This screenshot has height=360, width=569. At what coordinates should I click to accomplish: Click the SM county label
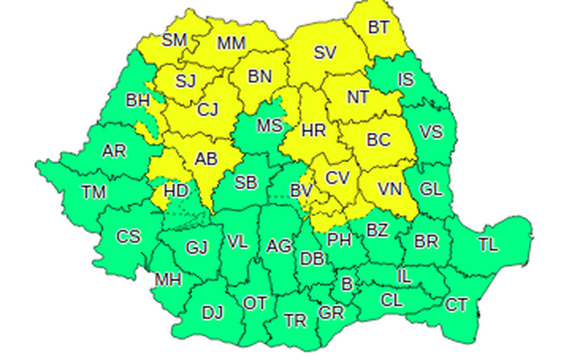pyautogui.click(x=174, y=40)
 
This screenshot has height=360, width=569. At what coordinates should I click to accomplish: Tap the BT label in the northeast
pyautogui.click(x=378, y=28)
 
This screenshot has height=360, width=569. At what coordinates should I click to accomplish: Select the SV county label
pyautogui.click(x=325, y=52)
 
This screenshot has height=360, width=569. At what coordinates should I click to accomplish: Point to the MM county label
pyautogui.click(x=231, y=44)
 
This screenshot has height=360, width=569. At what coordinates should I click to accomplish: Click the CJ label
pyautogui.click(x=208, y=109)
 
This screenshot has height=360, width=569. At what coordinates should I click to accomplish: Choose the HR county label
pyautogui.click(x=313, y=130)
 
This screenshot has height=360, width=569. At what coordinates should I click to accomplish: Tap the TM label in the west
pyautogui.click(x=93, y=191)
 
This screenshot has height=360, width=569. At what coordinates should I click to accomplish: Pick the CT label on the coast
pyautogui.click(x=457, y=305)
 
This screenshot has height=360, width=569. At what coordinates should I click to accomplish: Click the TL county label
pyautogui.click(x=488, y=245)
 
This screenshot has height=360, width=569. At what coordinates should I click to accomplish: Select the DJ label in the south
pyautogui.click(x=212, y=312)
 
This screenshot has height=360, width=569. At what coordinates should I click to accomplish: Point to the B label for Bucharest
pyautogui.click(x=347, y=285)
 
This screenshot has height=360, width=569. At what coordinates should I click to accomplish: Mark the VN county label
pyautogui.click(x=390, y=189)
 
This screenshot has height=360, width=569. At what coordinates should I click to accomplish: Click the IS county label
pyautogui.click(x=405, y=79)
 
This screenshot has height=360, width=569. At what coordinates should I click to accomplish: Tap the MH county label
pyautogui.click(x=168, y=280)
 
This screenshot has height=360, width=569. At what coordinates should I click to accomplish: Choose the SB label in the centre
pyautogui.click(x=245, y=183)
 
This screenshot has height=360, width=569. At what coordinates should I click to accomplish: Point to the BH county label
pyautogui.click(x=137, y=100)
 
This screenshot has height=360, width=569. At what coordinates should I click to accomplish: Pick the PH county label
pyautogui.click(x=340, y=240)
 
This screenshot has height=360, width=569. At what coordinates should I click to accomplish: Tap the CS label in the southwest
pyautogui.click(x=129, y=236)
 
